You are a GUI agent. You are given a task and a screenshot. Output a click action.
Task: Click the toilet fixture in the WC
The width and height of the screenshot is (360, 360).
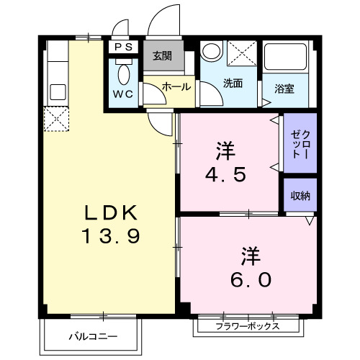pos(123,73)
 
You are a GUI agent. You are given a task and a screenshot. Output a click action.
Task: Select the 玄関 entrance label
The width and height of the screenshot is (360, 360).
pos(161,55)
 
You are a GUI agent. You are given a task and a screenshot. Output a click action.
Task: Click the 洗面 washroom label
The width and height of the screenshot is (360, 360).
pos(232,84)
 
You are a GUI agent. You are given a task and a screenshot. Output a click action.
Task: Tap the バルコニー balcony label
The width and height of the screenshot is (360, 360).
pos(93,336)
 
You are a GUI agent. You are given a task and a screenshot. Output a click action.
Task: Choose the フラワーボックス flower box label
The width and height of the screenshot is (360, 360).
pos(247,325)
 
